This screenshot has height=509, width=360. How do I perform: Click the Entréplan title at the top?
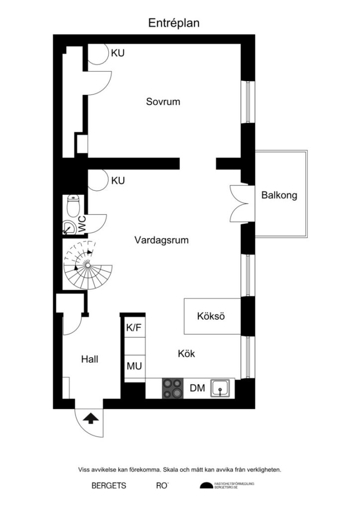pyautogui.click(x=174, y=22)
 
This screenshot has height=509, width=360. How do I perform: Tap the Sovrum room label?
pyautogui.click(x=163, y=102)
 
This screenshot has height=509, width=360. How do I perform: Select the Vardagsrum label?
pyautogui.click(x=162, y=240)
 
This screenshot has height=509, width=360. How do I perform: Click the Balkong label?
pyautogui.click(x=279, y=195)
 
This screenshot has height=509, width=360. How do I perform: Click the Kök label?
pyautogui.click(x=186, y=354)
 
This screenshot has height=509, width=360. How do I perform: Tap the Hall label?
pyautogui.click(x=90, y=359)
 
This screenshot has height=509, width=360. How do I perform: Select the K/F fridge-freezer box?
pyautogui.click(x=134, y=328)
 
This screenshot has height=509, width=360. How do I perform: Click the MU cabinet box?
pyautogui.click(x=134, y=367)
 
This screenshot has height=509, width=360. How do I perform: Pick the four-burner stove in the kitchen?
pyautogui.click(x=173, y=388)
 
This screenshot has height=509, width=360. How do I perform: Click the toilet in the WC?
pyautogui.click(x=74, y=205)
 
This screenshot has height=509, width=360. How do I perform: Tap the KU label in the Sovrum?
pyautogui.click(x=118, y=53)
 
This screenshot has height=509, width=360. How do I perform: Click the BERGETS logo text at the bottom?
pyautogui.click(x=108, y=485)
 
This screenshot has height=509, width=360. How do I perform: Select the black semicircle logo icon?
pyautogui.click(x=205, y=485)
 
